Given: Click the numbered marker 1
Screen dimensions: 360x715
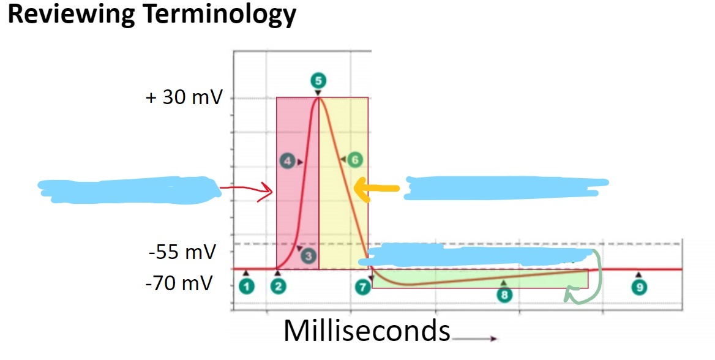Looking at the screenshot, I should (246, 286).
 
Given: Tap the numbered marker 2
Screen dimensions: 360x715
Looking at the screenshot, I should (279, 286).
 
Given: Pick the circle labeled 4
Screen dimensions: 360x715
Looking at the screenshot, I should (287, 162).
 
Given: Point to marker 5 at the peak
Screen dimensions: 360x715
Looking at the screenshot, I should (318, 80).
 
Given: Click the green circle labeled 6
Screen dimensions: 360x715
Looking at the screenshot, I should (354, 160).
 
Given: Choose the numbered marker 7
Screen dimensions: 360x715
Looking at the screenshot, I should (364, 286).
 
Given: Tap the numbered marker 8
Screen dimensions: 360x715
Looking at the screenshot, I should (504, 294).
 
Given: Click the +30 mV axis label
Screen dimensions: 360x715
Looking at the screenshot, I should (184, 97).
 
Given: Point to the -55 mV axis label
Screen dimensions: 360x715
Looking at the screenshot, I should (182, 251).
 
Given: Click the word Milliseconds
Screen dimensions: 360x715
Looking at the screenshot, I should (367, 331).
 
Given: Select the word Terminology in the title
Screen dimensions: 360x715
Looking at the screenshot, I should (220, 15).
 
